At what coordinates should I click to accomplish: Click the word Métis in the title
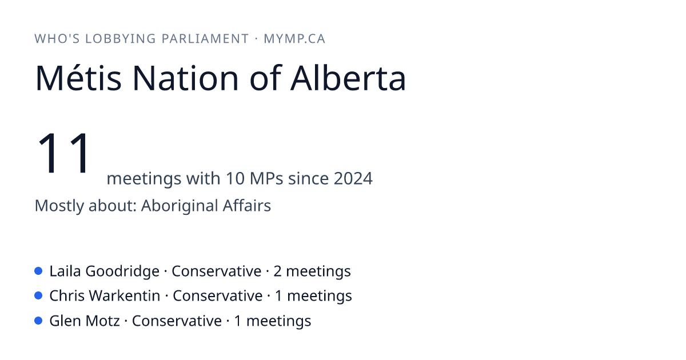(x=78, y=78)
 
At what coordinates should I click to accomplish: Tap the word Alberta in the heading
(x=348, y=78)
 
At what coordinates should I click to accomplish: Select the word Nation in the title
(x=185, y=78)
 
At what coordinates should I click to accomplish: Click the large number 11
(x=63, y=153)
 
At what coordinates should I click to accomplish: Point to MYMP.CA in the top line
(x=294, y=39)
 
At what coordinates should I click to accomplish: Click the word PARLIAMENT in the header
(x=205, y=39)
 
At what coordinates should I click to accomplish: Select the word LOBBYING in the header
(x=121, y=39)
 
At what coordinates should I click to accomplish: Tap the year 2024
(x=353, y=178)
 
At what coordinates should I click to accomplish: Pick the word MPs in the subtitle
(x=266, y=178)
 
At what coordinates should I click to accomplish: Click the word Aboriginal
(x=179, y=206)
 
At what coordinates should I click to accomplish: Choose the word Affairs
(x=247, y=205)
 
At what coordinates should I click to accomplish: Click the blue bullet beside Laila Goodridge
(x=38, y=271)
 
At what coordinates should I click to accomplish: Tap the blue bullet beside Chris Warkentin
(x=38, y=295)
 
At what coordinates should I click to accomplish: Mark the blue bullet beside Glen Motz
(x=38, y=321)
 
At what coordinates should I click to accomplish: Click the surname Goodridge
(x=122, y=271)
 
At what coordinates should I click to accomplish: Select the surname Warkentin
(x=125, y=296)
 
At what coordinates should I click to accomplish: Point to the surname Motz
(x=102, y=321)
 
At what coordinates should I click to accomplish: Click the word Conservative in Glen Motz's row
(x=177, y=321)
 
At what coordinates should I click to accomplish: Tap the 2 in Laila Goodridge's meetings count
(x=277, y=271)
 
